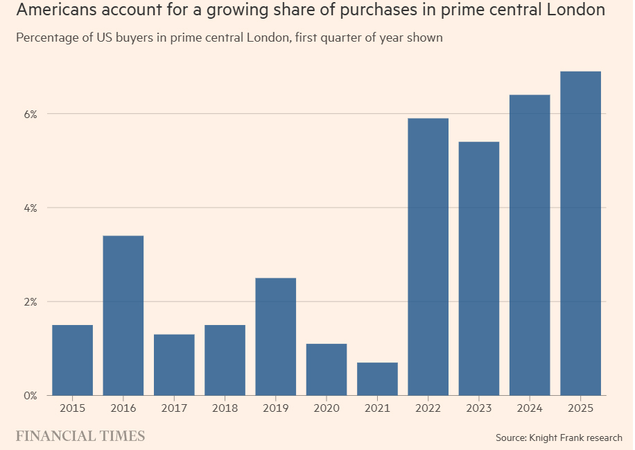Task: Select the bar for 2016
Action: [123, 315]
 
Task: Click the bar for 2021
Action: [377, 378]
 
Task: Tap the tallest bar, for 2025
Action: [580, 233]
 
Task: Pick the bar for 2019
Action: [276, 337]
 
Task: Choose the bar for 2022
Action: [428, 257]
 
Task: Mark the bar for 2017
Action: [174, 365]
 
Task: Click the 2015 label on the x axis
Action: [73, 408]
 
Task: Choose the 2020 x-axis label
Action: [327, 408]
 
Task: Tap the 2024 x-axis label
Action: [530, 408]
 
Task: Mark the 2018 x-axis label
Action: [225, 408]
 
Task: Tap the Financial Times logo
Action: [80, 436]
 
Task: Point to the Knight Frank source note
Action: [559, 437]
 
